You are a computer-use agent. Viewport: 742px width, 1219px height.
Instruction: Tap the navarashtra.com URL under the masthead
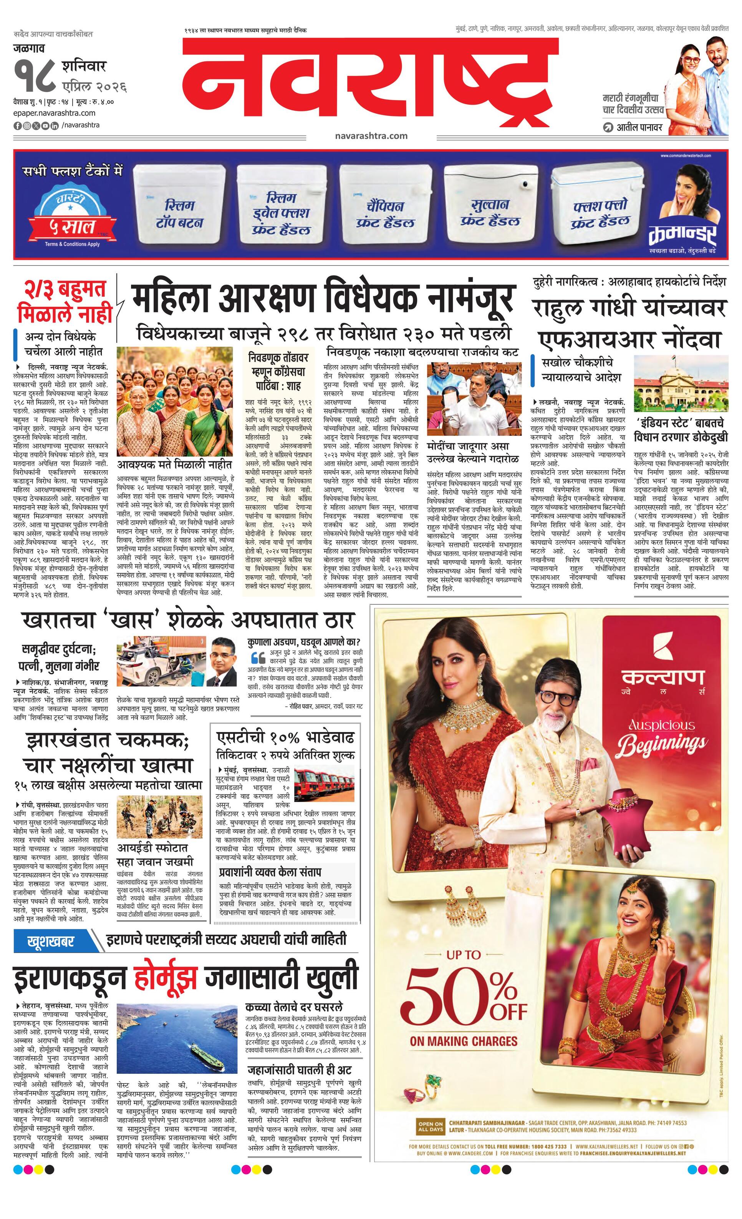pyautogui.click(x=371, y=136)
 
